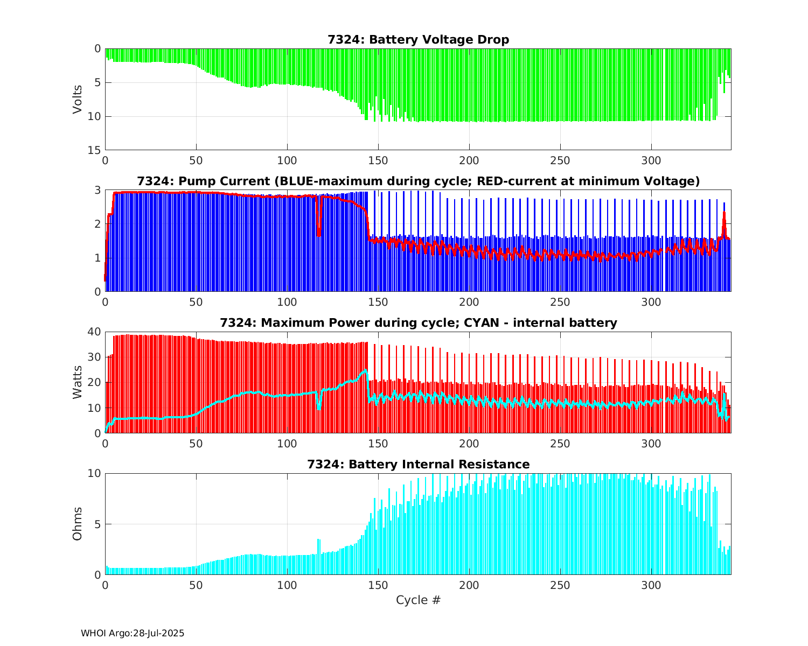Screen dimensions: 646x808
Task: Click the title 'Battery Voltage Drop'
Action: click(418, 40)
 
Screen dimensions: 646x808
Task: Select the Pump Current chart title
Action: click(418, 181)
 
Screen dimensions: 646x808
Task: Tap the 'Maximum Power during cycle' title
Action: click(418, 323)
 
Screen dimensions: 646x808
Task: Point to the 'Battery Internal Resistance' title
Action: click(418, 465)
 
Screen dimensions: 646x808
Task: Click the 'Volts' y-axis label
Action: click(78, 99)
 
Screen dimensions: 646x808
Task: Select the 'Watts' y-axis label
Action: click(78, 382)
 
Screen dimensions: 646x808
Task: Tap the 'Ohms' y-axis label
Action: click(78, 524)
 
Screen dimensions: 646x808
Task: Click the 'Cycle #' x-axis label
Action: click(418, 600)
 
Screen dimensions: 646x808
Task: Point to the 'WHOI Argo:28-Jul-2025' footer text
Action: click(133, 634)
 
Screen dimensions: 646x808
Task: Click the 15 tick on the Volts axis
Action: click(95, 150)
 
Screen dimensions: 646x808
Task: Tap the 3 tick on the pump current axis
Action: click(97, 190)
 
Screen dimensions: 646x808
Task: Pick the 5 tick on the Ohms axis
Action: click(97, 524)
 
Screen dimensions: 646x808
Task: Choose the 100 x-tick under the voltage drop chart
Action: click(287, 160)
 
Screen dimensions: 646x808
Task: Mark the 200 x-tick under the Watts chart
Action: click(469, 444)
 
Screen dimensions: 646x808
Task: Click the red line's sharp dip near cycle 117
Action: click(319, 234)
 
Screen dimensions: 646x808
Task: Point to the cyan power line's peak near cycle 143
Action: click(366, 370)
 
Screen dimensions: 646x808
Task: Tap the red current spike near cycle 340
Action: click(724, 213)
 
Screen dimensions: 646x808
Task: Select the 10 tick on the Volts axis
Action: click(95, 116)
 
